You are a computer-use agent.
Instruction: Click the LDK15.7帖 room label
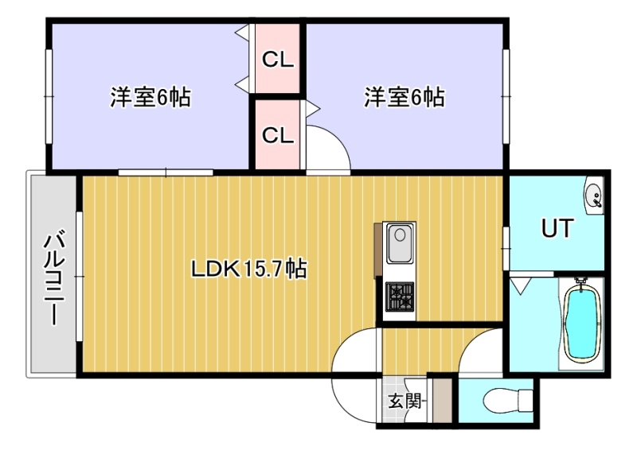point(248,268)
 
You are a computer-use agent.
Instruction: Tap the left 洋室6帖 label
point(150,97)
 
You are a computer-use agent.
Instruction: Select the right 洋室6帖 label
point(404,97)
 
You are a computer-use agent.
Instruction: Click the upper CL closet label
point(277,60)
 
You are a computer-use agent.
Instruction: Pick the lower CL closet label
point(277,135)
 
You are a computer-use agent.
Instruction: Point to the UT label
point(557,228)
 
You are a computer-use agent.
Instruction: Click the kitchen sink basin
point(400,243)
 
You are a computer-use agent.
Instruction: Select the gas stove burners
point(400,297)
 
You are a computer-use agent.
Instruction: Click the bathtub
point(582,323)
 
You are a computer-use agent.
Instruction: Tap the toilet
point(508,400)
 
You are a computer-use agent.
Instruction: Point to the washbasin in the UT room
point(594,196)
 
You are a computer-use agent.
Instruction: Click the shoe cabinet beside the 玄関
point(443,400)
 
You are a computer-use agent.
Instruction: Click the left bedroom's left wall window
point(49,96)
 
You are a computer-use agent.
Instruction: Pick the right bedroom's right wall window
point(506,96)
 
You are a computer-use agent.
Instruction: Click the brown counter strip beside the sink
point(377,250)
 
